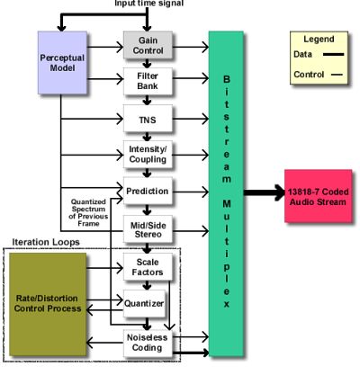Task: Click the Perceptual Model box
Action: (x=62, y=63)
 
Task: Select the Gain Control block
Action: (x=148, y=45)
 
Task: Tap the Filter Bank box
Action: (x=148, y=81)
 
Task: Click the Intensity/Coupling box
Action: (x=148, y=155)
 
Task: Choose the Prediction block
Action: (x=148, y=191)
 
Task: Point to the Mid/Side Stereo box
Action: (x=148, y=229)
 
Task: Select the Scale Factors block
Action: (x=148, y=267)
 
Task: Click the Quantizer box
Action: (x=144, y=303)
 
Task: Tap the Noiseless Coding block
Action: (x=148, y=343)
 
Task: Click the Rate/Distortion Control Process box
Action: (x=48, y=304)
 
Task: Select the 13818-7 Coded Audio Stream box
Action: (x=319, y=196)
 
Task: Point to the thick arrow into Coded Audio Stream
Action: (x=265, y=192)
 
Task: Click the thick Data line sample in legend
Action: (x=333, y=54)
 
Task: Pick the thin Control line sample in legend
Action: (x=337, y=75)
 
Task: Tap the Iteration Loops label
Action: (x=46, y=242)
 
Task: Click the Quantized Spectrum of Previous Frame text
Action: (x=88, y=212)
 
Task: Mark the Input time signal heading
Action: (x=149, y=4)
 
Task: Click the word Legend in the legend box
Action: (x=319, y=39)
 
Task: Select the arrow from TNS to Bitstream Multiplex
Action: (x=191, y=119)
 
